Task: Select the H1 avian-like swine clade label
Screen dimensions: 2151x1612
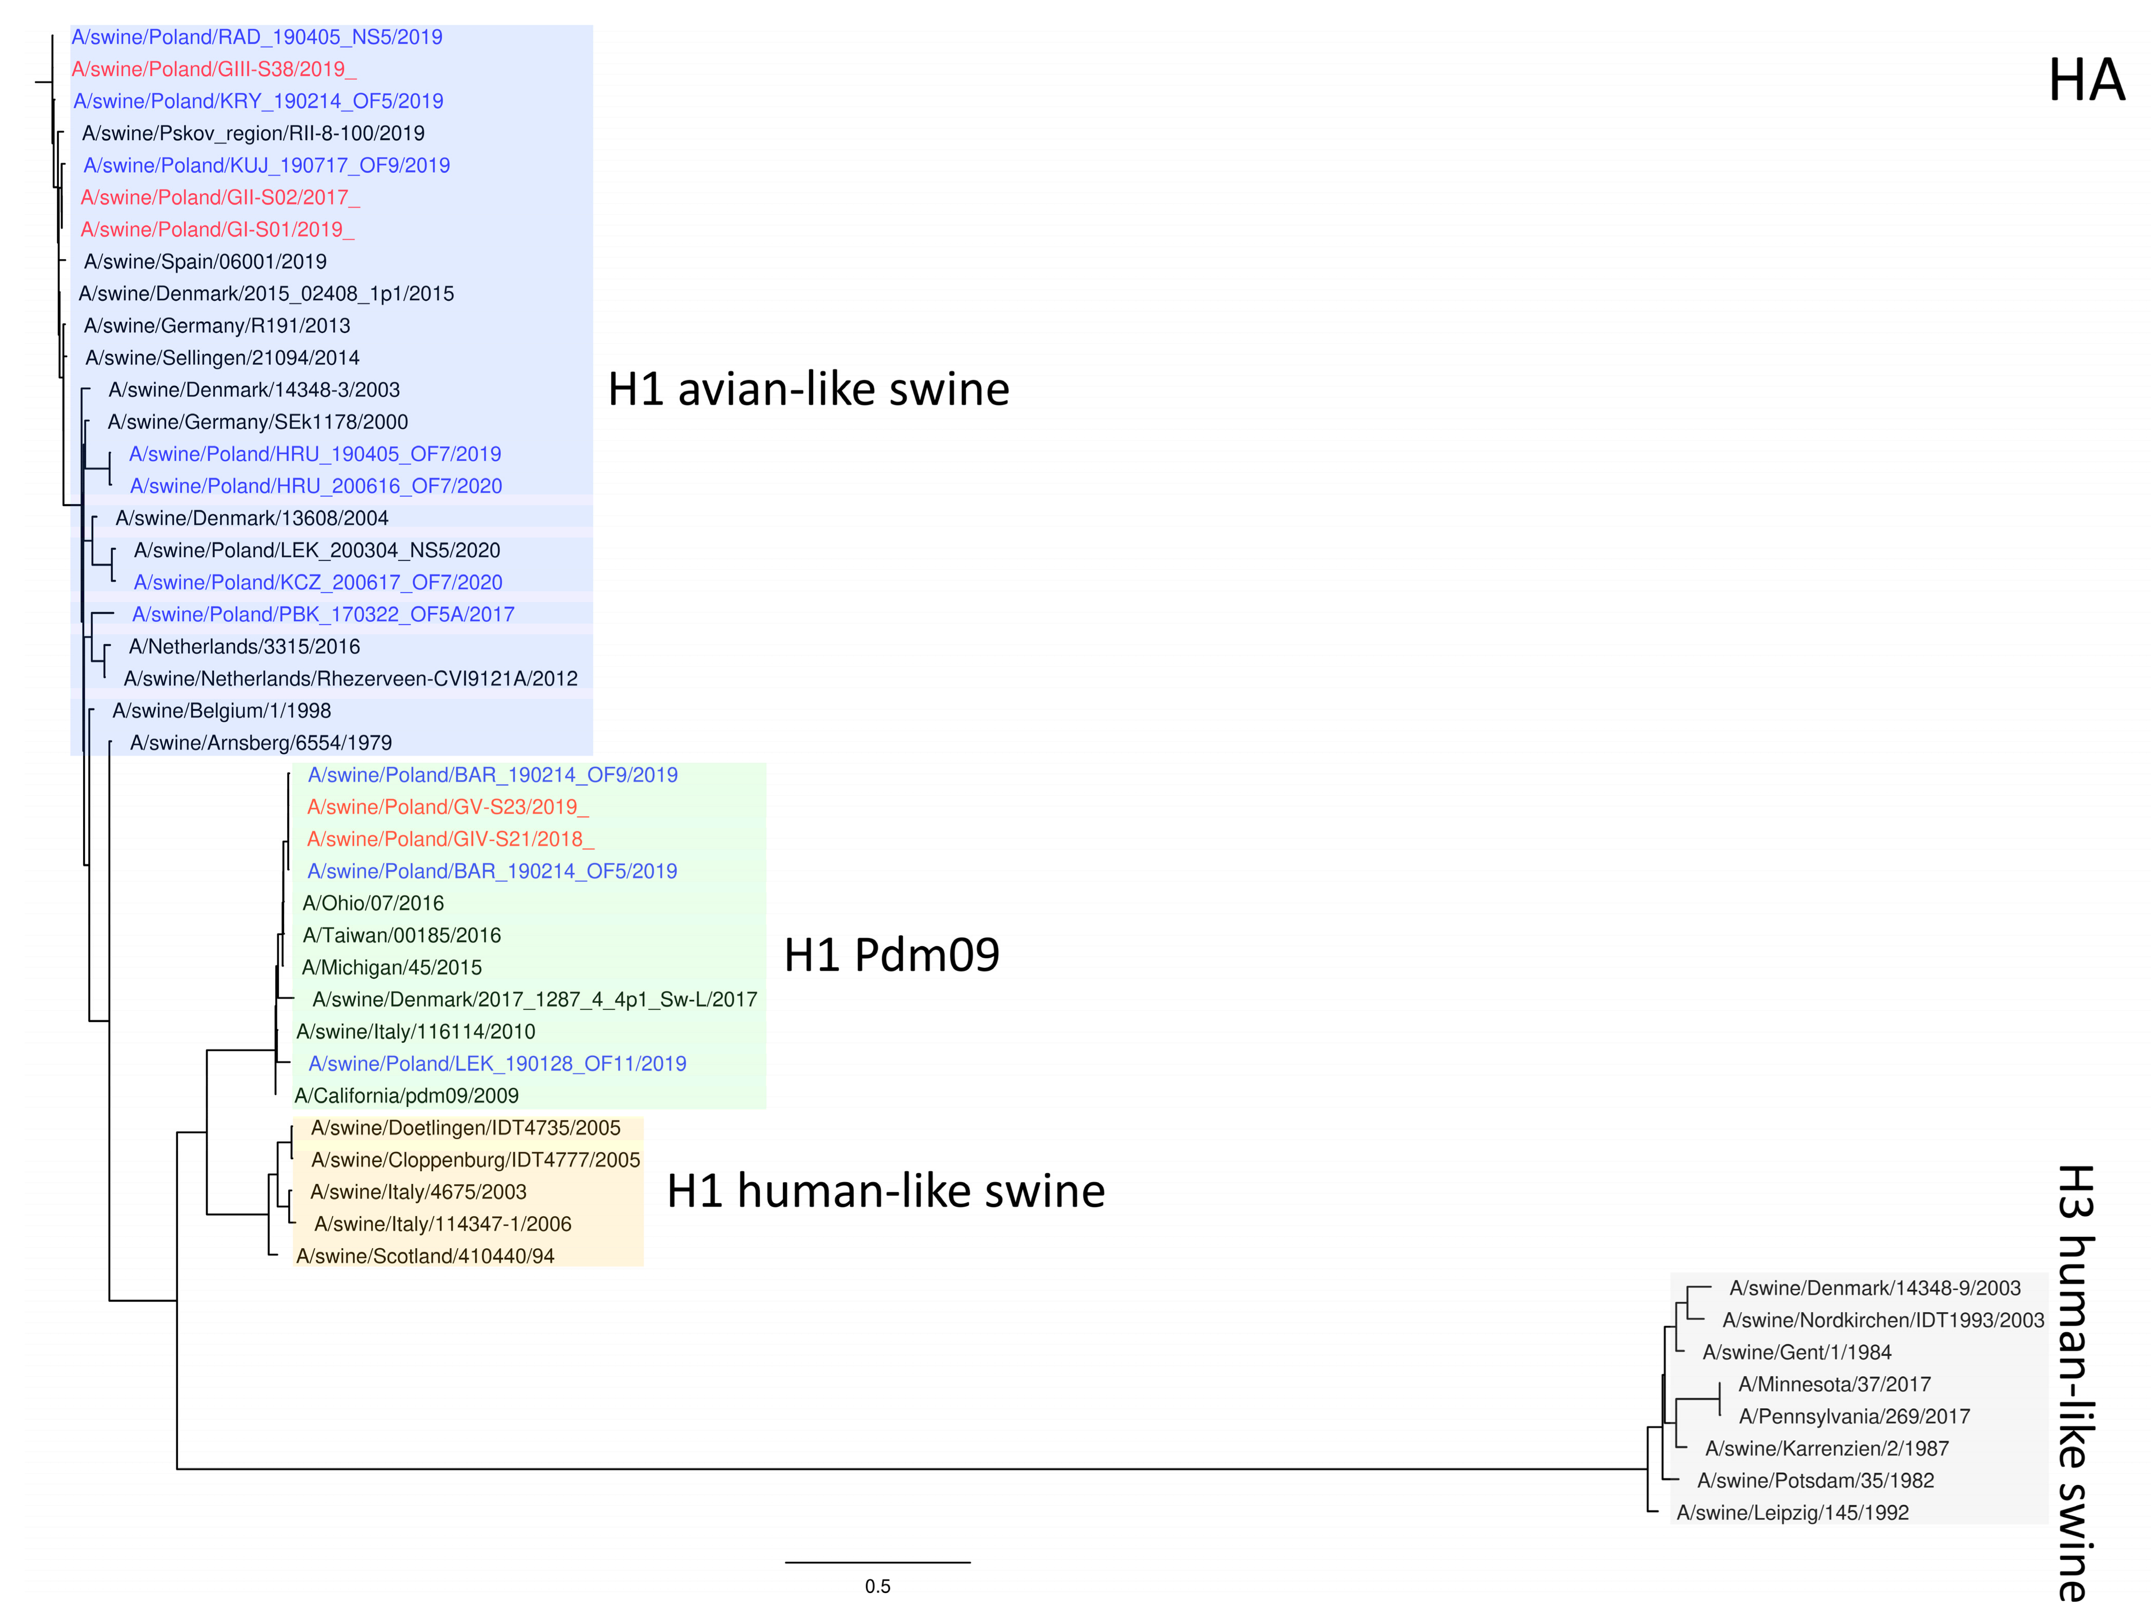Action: coord(808,390)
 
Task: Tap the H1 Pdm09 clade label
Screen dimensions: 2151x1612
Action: coord(891,955)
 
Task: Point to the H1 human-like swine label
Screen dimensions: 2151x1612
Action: coord(885,1191)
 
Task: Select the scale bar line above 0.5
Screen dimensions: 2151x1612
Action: coord(877,1562)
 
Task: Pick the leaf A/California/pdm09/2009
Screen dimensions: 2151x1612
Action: coord(407,1096)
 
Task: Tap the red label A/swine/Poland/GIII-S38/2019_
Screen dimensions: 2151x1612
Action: coord(214,69)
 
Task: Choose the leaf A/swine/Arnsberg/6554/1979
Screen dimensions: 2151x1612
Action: coord(260,743)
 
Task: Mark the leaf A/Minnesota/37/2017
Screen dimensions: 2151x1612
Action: coord(1834,1384)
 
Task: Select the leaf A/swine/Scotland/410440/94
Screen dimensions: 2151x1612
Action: coord(425,1256)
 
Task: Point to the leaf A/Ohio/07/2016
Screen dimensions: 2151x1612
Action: coord(373,903)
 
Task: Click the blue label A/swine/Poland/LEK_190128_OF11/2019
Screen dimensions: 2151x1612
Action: coord(497,1064)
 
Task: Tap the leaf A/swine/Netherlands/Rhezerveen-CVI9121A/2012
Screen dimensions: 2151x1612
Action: coord(350,678)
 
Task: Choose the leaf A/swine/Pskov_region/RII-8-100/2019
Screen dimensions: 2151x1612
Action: coord(253,133)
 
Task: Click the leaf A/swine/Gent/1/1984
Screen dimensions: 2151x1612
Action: coord(1796,1352)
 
